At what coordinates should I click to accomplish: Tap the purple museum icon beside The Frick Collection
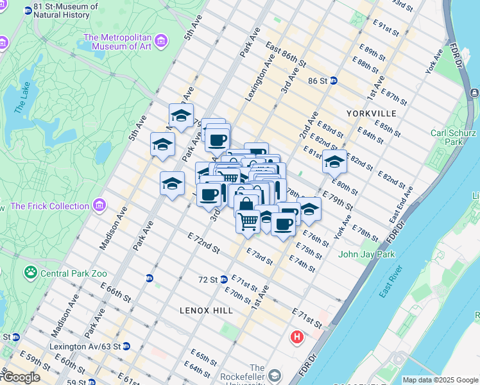[99, 206]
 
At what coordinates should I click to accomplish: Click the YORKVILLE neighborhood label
[371, 113]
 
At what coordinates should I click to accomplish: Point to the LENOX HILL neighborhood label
[206, 311]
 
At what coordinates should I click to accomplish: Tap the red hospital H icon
[296, 337]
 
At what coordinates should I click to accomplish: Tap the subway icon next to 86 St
[334, 81]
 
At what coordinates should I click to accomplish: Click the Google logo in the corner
[21, 377]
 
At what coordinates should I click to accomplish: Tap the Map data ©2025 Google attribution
[440, 380]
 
